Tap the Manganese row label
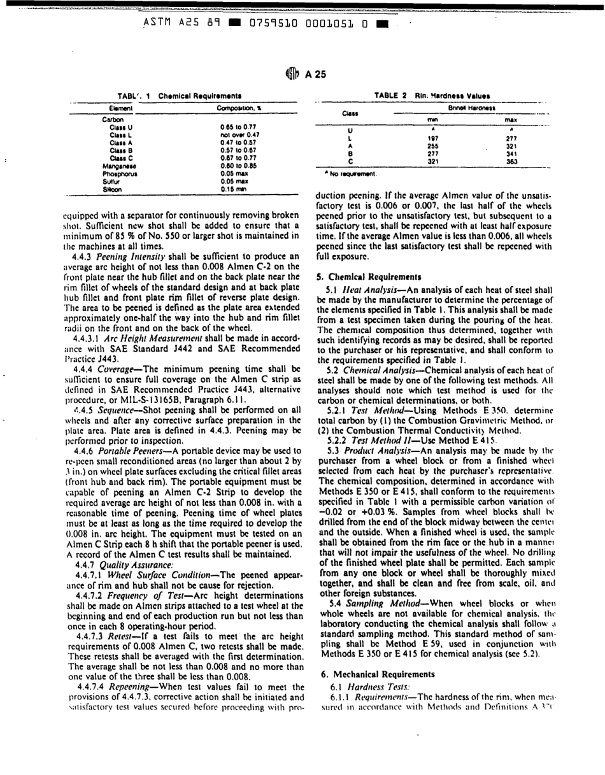coord(118,165)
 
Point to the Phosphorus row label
coord(119,173)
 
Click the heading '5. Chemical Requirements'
coord(362,277)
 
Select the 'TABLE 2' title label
coord(390,95)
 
